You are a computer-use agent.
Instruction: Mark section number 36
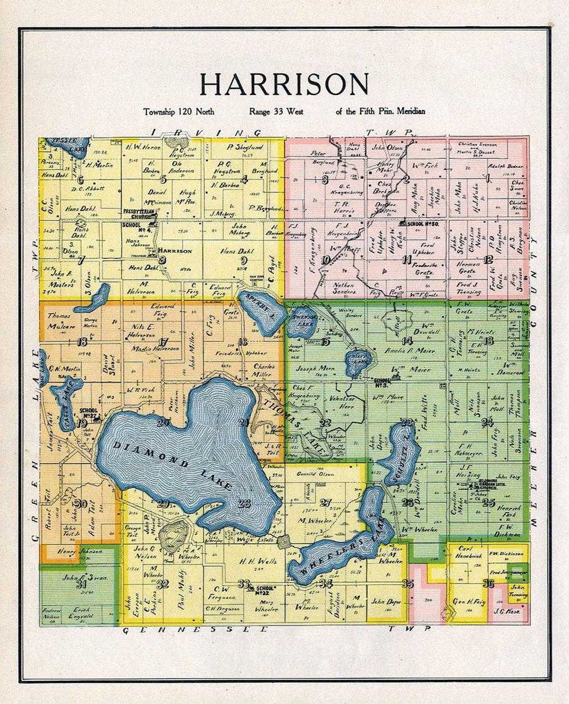point(487,583)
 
